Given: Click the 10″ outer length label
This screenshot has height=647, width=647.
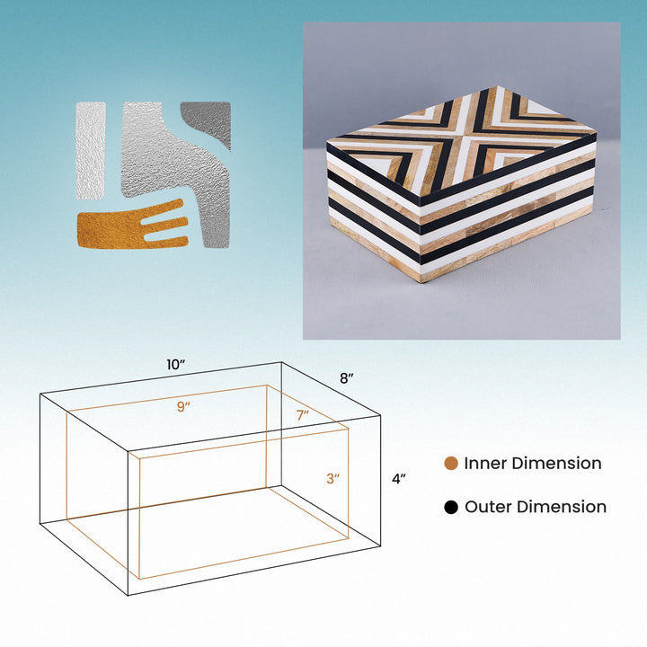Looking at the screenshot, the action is (x=175, y=365).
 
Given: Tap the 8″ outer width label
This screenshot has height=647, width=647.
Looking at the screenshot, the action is (x=347, y=378).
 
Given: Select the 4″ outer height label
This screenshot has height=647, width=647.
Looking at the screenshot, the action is (x=399, y=479).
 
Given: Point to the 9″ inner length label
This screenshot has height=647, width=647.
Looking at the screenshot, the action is (x=183, y=407).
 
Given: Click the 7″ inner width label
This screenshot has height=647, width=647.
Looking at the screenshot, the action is (x=303, y=415).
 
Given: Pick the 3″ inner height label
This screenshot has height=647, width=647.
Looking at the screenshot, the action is (x=333, y=479).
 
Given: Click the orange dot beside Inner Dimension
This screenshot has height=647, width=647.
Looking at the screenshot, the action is (x=451, y=464).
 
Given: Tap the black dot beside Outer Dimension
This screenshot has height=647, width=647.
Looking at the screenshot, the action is (x=451, y=507).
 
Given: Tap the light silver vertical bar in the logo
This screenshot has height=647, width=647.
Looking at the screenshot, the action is (x=91, y=151).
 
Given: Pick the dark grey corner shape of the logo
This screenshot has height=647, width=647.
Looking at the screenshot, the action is (x=208, y=121).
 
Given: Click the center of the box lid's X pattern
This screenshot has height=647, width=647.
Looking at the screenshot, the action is (x=463, y=136).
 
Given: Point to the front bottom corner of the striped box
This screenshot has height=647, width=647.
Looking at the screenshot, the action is (x=420, y=282).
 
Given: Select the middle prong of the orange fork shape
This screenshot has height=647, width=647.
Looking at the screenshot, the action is (x=164, y=223).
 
